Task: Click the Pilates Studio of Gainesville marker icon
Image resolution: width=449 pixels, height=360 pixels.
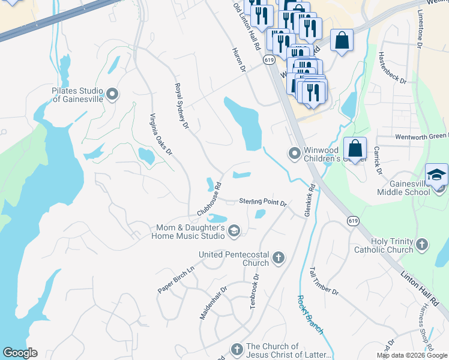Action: (112, 94)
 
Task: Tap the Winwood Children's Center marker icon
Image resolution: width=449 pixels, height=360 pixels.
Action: (295, 154)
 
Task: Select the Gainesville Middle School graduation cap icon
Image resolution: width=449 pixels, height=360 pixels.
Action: (436, 175)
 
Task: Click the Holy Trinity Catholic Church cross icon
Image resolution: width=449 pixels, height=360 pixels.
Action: (422, 244)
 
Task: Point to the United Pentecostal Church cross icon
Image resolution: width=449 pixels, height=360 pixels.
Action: (278, 258)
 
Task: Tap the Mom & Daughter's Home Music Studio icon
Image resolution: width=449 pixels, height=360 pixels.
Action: (234, 231)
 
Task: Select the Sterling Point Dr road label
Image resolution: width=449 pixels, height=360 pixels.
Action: (263, 202)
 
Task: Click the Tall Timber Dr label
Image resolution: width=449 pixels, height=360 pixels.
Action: (324, 281)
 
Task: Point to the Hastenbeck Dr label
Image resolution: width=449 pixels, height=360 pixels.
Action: (393, 67)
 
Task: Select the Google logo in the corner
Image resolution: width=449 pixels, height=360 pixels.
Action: (20, 353)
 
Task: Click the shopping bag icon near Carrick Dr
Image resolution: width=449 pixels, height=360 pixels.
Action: (355, 148)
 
